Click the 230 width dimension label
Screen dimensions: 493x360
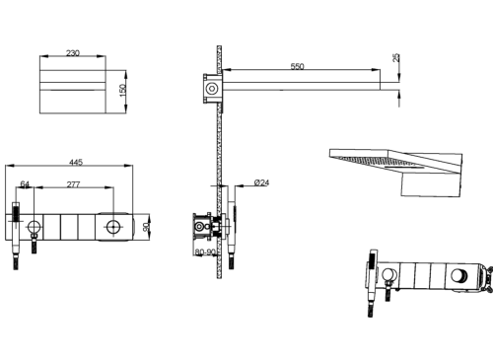coord(73,52)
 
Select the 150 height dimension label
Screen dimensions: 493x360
coord(122,91)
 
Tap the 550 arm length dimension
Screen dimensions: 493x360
coord(297,66)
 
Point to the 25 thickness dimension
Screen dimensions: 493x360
coord(396,58)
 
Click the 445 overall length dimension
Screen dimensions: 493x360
coord(76,162)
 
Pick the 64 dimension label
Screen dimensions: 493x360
coord(25,184)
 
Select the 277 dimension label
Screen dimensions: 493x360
coord(73,184)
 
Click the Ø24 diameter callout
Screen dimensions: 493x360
coord(261,182)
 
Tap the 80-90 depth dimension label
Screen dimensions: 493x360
coord(205,252)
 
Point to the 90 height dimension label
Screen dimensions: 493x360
coord(147,227)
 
